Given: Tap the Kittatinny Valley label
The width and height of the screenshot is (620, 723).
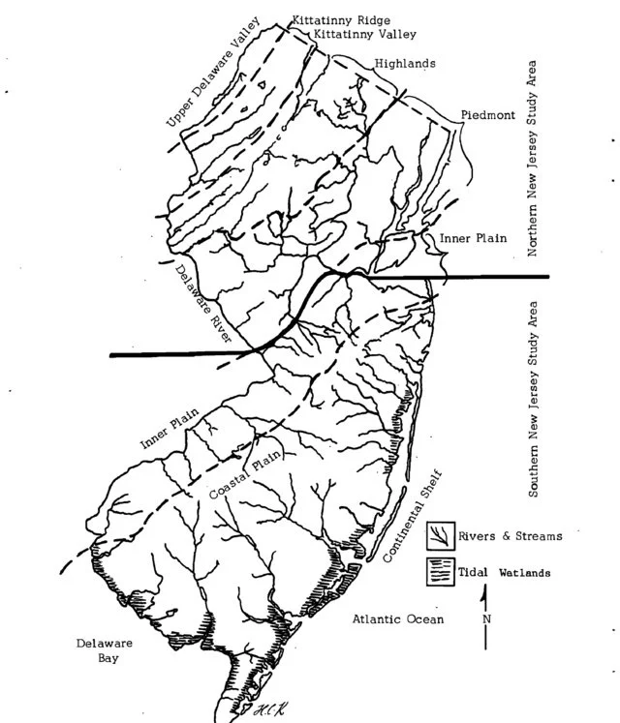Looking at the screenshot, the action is tap(363, 34).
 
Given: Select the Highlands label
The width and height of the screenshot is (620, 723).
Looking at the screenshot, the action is tap(404, 64).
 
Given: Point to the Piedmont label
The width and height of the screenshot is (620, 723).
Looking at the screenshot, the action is tap(488, 113).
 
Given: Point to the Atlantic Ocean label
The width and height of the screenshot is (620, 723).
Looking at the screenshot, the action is tap(398, 618).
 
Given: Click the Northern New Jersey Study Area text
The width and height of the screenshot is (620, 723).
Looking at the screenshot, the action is tap(532, 160).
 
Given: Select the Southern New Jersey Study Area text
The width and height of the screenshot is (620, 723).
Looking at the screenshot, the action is tap(533, 399).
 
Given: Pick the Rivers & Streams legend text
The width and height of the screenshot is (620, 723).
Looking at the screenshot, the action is tap(511, 535).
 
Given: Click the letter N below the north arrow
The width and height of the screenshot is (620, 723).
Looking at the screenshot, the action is tap(486, 618).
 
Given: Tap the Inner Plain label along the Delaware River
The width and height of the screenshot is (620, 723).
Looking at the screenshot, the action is tap(170, 429).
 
